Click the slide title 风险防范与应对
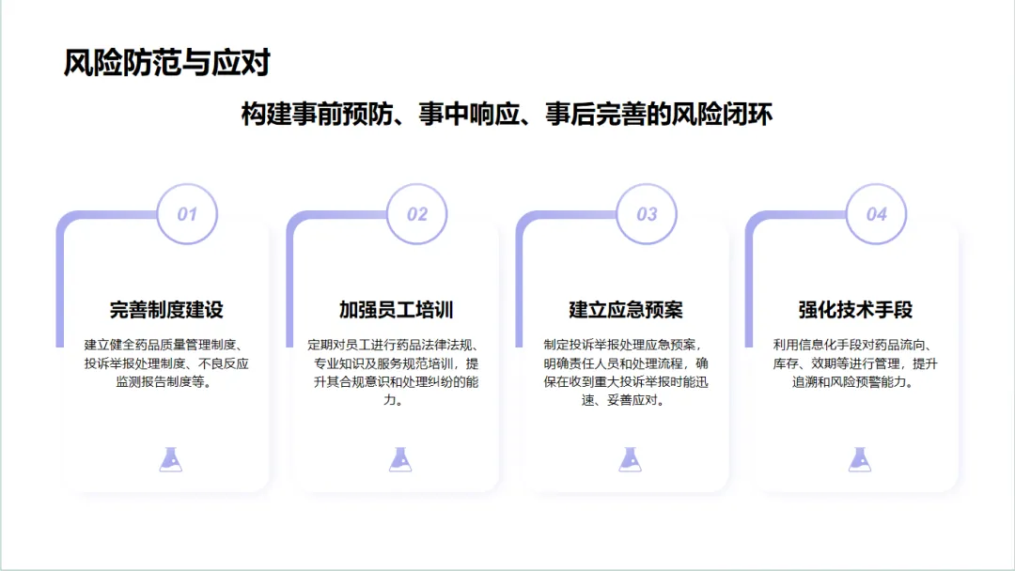pos(166,63)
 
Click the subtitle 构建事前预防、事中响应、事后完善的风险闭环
pos(507,116)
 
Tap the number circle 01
pos(187,214)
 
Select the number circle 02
pos(417,214)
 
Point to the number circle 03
pos(647,214)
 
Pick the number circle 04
pos(876,214)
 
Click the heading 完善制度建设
pos(166,310)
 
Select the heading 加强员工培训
pos(397,310)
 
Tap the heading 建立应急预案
pos(626,310)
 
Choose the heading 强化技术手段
pos(855,310)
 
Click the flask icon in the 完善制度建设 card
pos(170,458)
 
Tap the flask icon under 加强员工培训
pos(400,458)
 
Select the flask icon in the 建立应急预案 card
pos(630,458)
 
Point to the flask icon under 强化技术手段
pos(859,458)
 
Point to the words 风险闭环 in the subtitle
pos(724,116)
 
